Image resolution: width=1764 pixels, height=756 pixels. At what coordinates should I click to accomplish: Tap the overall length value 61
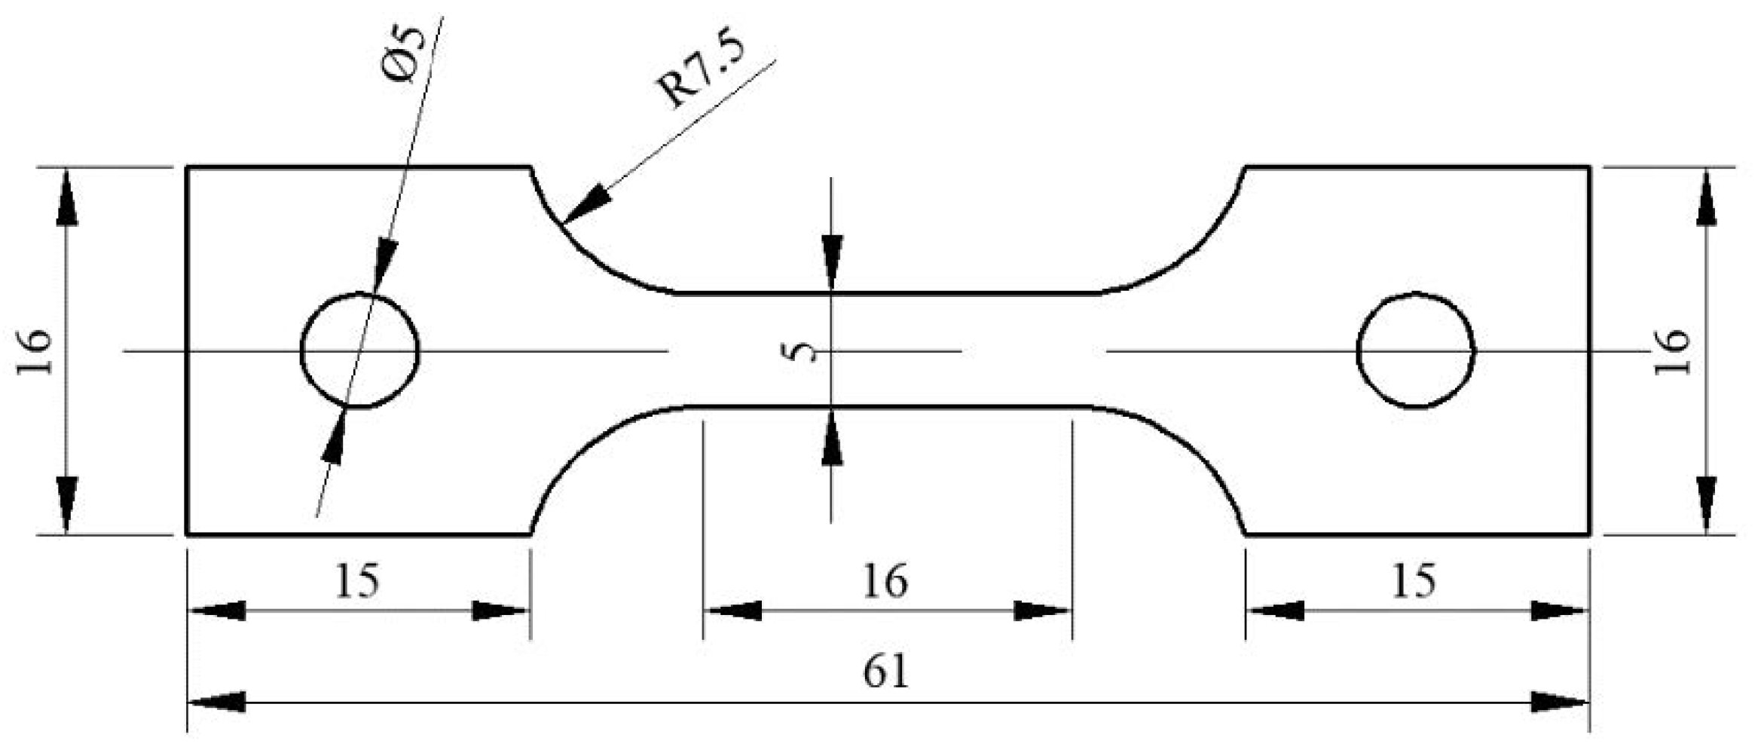coord(886,671)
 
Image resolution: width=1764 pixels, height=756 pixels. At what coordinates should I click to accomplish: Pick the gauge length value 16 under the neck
coord(885,582)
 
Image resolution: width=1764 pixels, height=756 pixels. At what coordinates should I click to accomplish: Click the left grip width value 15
coord(356,582)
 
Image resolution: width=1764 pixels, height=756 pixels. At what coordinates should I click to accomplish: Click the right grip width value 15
coord(1414,582)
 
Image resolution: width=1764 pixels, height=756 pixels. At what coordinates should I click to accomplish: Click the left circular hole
coord(359,350)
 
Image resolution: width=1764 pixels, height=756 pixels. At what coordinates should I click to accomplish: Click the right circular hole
coord(1416,350)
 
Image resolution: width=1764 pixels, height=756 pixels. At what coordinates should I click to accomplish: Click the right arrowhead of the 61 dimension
coord(1560,702)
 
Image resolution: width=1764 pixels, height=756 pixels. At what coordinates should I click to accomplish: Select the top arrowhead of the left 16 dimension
coord(66,197)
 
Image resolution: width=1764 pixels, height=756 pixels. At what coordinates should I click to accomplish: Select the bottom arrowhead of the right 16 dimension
coord(1706,503)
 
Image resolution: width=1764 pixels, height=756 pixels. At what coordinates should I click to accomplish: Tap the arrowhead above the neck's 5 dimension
coord(831,260)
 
